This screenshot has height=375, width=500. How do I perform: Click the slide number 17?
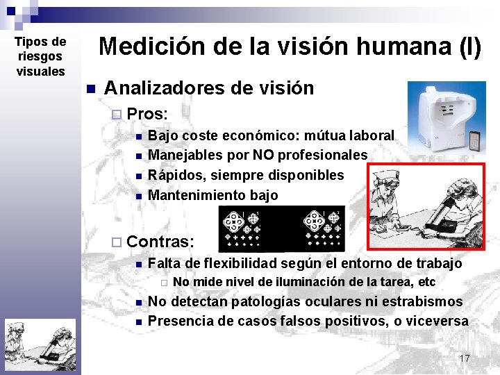465,358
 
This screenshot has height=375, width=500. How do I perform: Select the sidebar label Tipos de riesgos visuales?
40,57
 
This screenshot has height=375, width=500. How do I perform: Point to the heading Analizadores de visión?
208,88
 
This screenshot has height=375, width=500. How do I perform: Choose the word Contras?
160,242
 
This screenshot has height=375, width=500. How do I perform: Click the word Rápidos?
174,175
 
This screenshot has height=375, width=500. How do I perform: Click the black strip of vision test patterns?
281,230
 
